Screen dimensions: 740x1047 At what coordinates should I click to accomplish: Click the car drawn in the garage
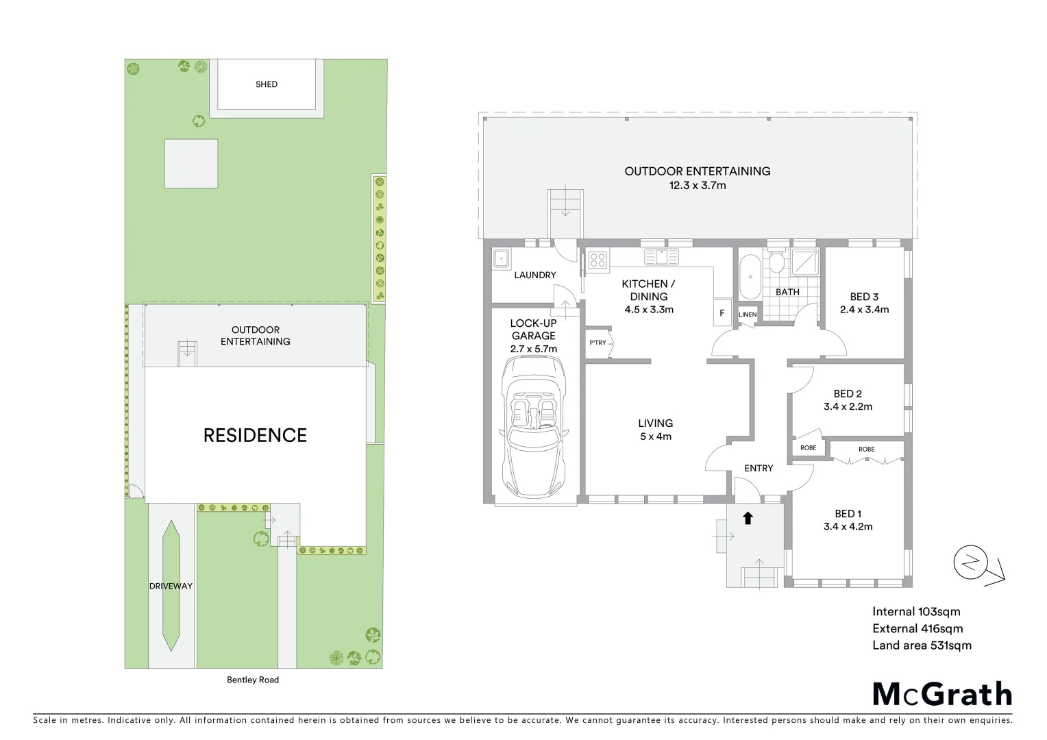tap(533, 428)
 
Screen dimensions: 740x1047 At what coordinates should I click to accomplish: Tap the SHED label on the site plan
tap(267, 84)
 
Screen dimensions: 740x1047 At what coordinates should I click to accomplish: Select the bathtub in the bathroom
tap(750, 277)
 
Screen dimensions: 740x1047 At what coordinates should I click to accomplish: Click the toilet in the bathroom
tap(776, 262)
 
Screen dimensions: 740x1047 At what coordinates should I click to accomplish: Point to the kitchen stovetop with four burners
tap(598, 259)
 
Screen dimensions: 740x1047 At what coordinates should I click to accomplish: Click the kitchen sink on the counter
tap(661, 257)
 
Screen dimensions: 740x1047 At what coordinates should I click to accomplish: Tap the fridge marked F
tap(722, 312)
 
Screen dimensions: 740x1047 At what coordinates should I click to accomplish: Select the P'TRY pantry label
tap(598, 343)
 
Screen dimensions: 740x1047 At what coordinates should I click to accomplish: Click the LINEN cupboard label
tap(748, 314)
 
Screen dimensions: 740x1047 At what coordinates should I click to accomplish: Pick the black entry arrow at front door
tap(748, 518)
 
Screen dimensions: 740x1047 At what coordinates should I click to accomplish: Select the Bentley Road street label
tap(253, 680)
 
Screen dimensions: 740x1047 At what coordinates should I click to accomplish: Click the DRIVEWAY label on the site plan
tap(171, 586)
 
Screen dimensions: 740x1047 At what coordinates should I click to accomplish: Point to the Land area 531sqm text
tap(922, 645)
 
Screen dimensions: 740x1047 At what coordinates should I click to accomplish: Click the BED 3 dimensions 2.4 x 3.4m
tap(864, 310)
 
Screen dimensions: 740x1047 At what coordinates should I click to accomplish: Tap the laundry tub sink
tap(501, 258)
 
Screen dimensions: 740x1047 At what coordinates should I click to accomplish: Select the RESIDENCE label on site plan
tap(255, 435)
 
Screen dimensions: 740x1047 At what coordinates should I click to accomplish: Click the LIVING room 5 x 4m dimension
tap(655, 436)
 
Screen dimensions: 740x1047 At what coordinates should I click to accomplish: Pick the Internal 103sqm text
tap(916, 612)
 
